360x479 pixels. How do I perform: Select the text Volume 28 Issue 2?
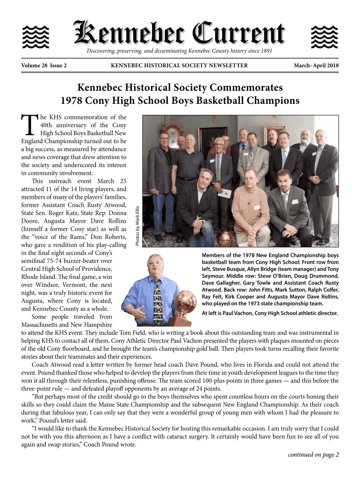point(43,65)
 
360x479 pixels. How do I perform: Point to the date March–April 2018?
point(316,65)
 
